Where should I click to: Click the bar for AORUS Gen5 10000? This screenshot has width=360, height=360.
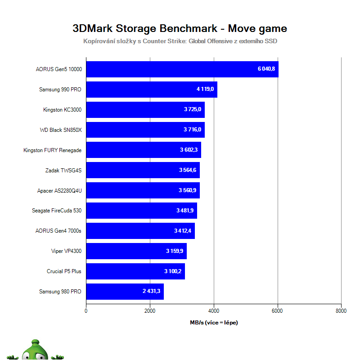(182, 69)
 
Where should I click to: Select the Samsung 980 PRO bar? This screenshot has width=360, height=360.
(125, 292)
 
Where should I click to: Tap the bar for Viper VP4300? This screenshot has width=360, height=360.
(136, 251)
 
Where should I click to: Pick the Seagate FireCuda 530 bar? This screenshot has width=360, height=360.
(141, 211)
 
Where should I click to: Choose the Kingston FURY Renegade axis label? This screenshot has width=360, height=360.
(52, 150)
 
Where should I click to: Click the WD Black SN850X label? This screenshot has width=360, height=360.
(61, 130)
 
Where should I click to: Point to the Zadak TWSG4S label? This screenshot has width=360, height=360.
(63, 171)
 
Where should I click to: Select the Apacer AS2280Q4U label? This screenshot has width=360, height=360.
(59, 191)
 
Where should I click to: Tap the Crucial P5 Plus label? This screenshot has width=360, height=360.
(64, 271)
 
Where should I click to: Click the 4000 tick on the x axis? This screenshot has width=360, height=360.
(214, 310)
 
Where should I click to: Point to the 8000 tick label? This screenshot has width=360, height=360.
(341, 310)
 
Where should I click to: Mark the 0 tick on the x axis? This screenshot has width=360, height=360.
(86, 310)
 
